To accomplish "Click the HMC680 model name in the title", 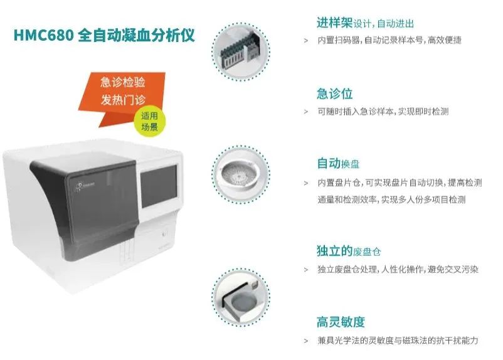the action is (44, 35).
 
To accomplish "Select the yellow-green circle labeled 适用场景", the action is (149, 121).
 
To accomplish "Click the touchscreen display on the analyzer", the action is (159, 186).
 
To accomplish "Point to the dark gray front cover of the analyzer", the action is (87, 205).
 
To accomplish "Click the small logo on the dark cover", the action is (83, 186).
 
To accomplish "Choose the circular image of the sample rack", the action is (241, 51).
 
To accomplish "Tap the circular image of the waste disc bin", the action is (241, 297).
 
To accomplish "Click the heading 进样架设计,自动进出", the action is (365, 23).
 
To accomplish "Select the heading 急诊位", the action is (334, 93).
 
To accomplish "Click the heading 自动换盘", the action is (338, 163).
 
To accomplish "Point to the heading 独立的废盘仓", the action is (349, 251).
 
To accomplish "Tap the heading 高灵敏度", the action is (341, 322).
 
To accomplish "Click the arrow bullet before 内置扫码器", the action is (306, 41).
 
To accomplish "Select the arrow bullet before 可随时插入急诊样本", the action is (306, 112).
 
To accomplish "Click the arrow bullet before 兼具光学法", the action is (306, 341).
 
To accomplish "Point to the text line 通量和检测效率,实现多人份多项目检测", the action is (391, 199).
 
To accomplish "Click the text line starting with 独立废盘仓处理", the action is (398, 269).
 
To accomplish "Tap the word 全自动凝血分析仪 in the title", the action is (136, 35).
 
